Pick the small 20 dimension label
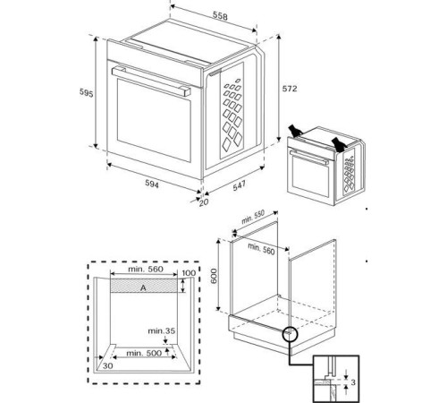(x=203, y=202)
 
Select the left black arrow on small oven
(x=295, y=133)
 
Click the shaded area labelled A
(x=142, y=287)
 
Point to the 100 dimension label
(x=188, y=273)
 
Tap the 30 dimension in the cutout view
(x=107, y=365)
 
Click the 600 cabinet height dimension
(x=214, y=277)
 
